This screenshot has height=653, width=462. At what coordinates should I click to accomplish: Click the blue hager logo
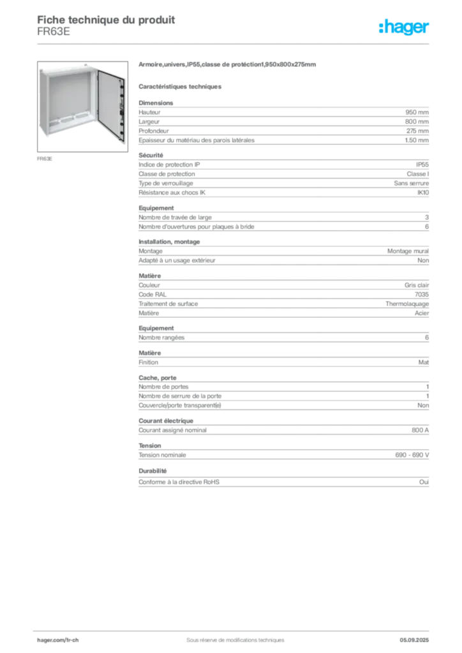pos(405,28)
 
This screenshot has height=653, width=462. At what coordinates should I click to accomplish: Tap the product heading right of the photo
pos(227,66)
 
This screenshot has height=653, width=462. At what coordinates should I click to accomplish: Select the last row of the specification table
pos(283,482)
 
